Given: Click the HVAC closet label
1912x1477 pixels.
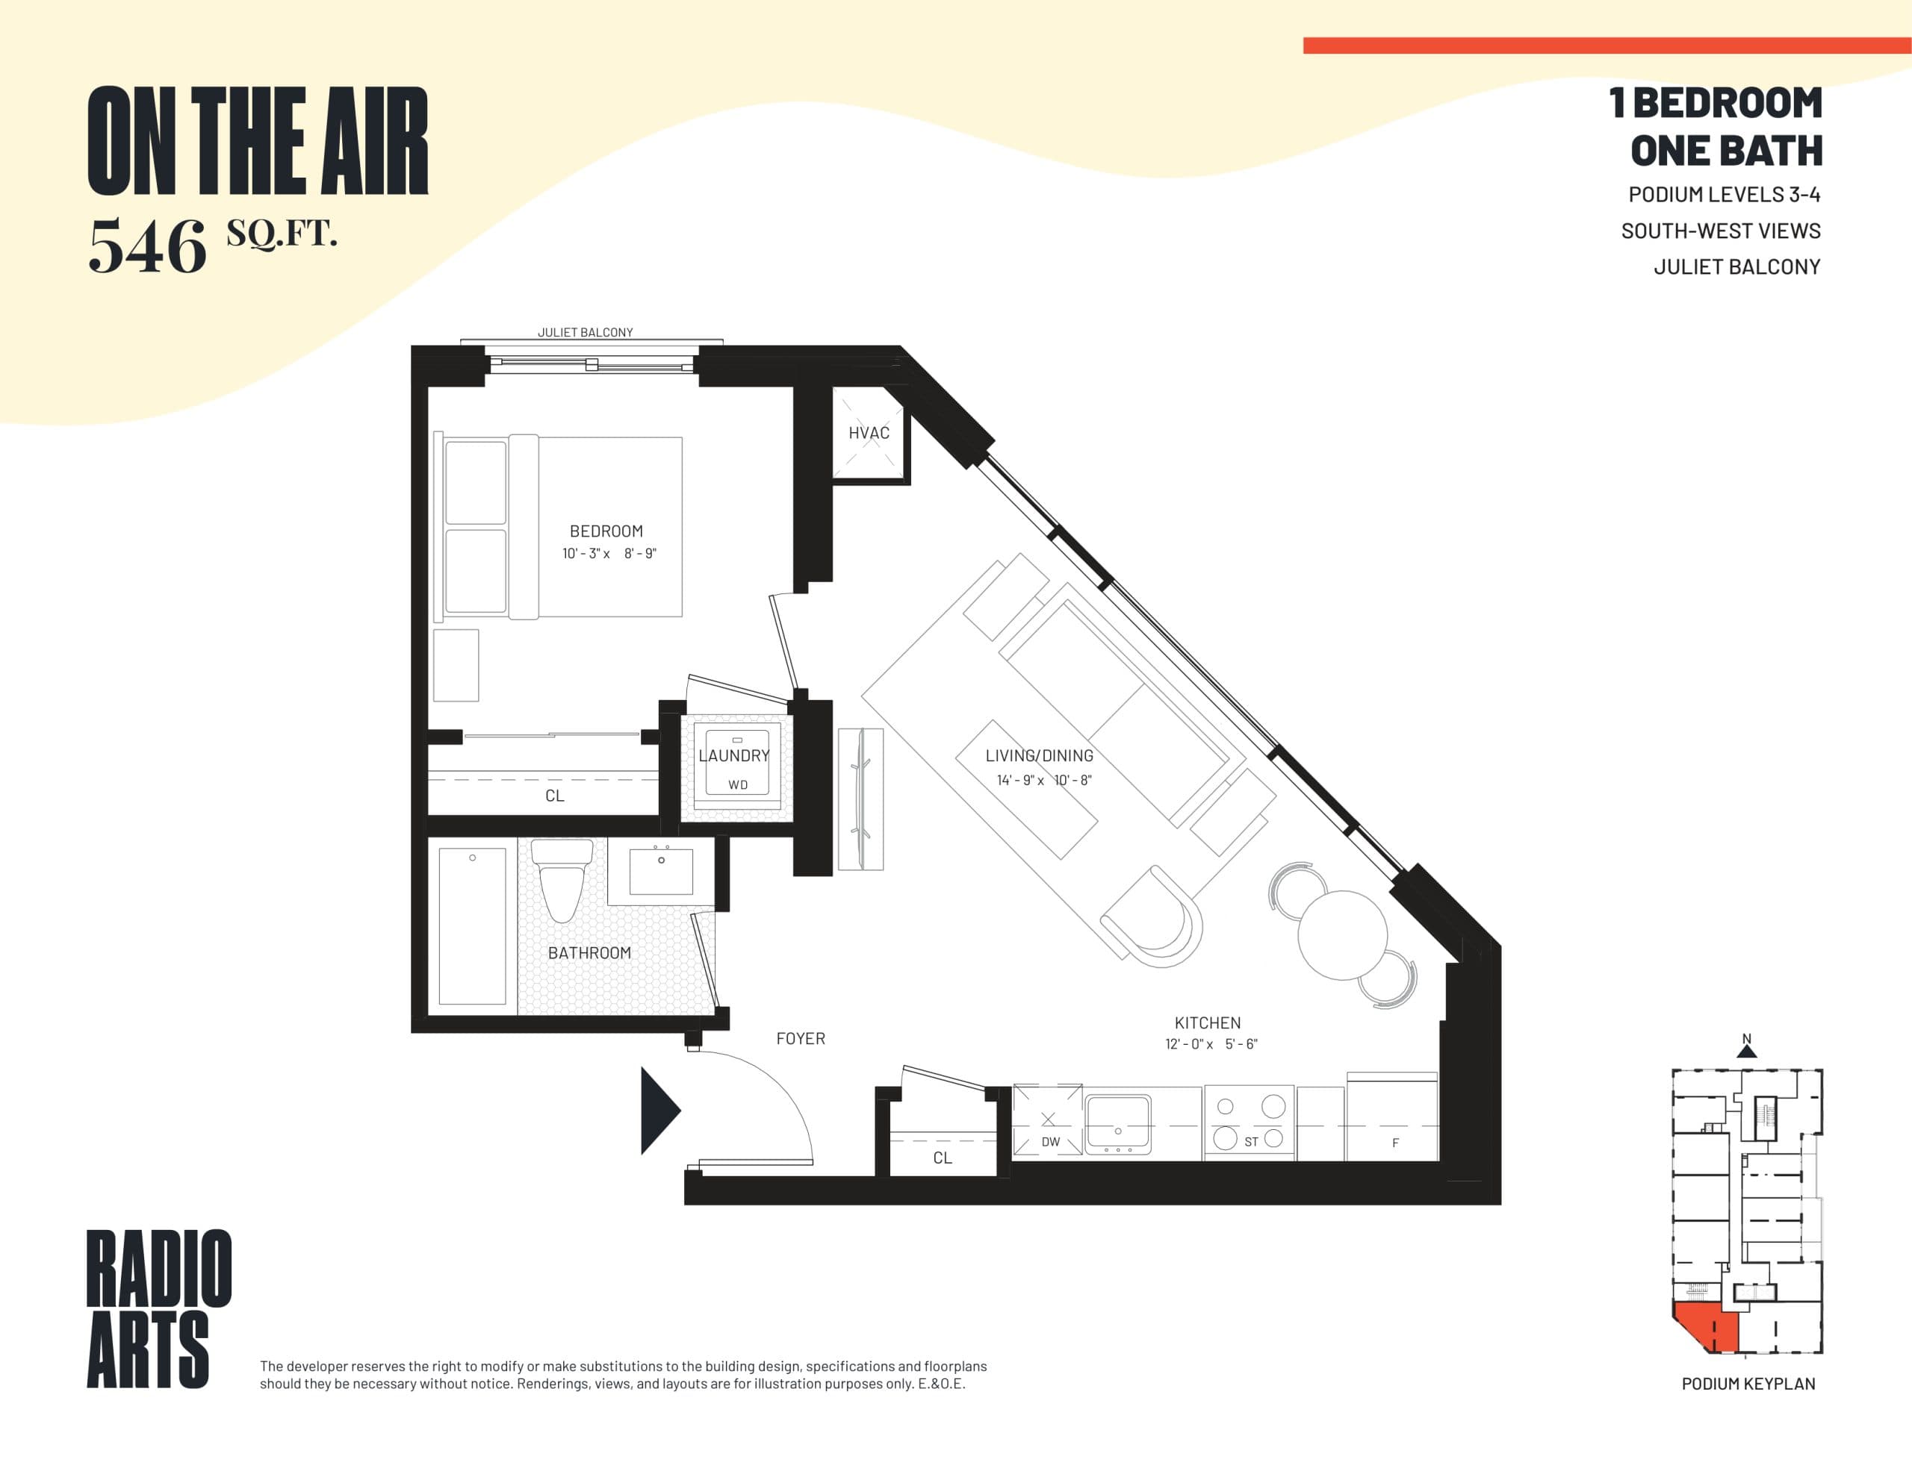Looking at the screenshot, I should pos(869,433).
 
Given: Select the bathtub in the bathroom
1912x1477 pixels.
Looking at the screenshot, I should pos(472,928).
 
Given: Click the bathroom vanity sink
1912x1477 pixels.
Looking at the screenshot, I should pos(661,871).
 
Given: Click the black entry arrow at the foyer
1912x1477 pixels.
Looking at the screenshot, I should pos(658,1111).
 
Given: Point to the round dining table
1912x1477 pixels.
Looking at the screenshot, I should pos(1341,934).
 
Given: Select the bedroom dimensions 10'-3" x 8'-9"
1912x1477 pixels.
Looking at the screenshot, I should pos(609,554).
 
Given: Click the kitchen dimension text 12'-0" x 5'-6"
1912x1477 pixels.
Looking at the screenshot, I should pos(1211,1044).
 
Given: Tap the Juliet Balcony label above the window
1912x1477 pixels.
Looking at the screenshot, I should pos(585,333).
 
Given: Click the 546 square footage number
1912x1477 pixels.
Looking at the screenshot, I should pos(147,247).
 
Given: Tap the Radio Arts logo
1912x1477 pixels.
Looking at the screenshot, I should pos(158,1308).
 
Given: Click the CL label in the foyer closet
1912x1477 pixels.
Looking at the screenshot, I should pos(942,1158).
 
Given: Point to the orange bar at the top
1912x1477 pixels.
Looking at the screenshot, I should pos(1607,46).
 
